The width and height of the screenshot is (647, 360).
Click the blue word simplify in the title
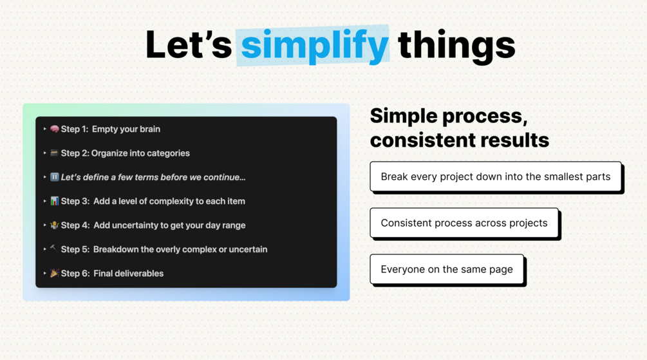314,46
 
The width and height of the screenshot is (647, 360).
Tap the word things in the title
456,46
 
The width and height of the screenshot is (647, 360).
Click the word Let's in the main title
189,44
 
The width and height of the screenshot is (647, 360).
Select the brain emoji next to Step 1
55,129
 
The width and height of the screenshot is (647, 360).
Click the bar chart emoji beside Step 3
55,201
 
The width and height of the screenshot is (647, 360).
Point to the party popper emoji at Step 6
55,273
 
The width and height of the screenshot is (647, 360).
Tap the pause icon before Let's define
55,177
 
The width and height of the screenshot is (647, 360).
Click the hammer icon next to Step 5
54,248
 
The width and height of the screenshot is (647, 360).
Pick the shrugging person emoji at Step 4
55,225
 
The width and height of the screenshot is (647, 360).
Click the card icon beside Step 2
54,153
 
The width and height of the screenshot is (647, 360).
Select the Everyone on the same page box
447,269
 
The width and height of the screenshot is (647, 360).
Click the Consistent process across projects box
464,223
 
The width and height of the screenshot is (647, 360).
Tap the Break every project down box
496,176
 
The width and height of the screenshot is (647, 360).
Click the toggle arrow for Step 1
44,129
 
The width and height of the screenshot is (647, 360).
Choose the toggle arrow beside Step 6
44,273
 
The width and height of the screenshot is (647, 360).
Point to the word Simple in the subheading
404,116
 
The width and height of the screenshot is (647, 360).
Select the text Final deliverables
128,273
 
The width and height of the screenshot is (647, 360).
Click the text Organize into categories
140,153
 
